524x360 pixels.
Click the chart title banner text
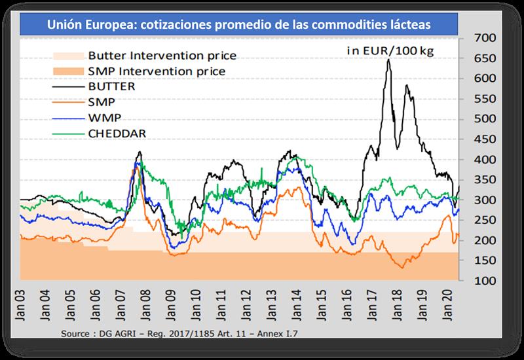(240, 26)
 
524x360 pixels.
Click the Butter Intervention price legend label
(162, 56)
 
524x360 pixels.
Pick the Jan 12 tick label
(245, 304)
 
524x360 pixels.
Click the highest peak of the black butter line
(389, 60)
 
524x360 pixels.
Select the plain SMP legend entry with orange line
(96, 101)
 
